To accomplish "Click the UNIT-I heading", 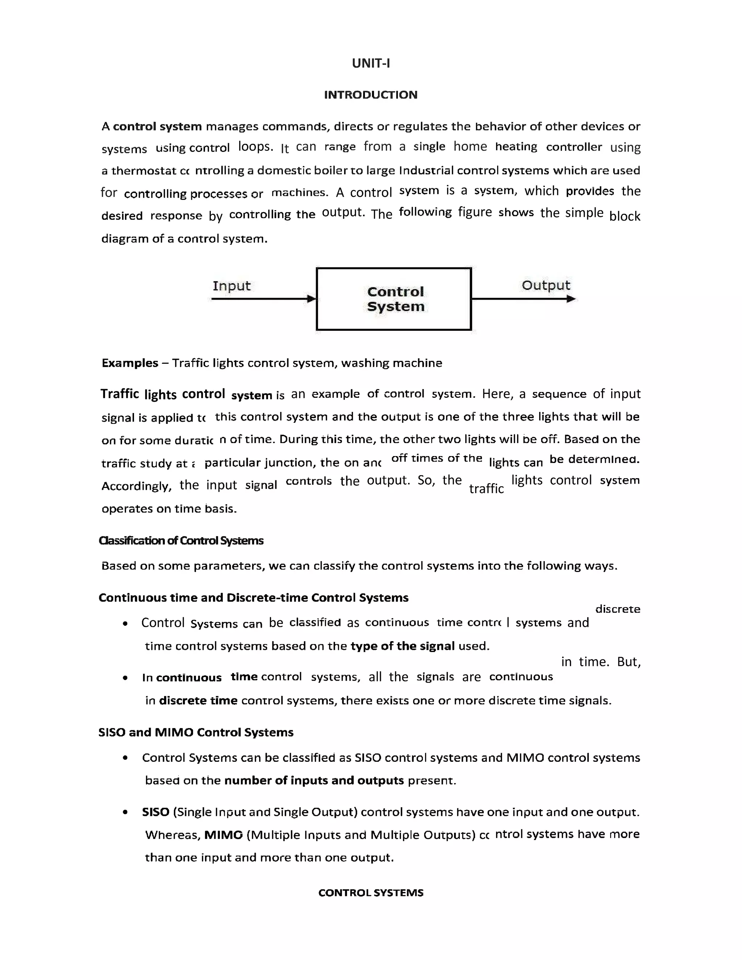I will click(x=371, y=63).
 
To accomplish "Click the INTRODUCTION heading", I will click(x=371, y=95).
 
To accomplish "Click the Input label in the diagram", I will click(x=231, y=286).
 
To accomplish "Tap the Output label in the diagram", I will click(x=546, y=285).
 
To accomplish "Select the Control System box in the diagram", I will click(x=394, y=299).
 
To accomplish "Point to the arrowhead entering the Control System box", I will click(x=312, y=299).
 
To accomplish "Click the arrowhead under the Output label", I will click(x=571, y=299).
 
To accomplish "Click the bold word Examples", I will click(x=130, y=363).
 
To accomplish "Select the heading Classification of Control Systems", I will click(x=181, y=540).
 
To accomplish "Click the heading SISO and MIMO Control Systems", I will click(x=196, y=732).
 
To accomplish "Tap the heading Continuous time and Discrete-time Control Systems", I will click(x=253, y=597).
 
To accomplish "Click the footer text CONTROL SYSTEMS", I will click(x=371, y=892).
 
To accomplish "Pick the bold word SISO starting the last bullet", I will click(x=155, y=812).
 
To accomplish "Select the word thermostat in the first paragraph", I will click(x=144, y=171).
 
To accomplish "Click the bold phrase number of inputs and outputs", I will click(x=314, y=780).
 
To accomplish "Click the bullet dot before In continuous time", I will click(x=125, y=678).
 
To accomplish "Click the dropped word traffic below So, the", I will click(x=486, y=488).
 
